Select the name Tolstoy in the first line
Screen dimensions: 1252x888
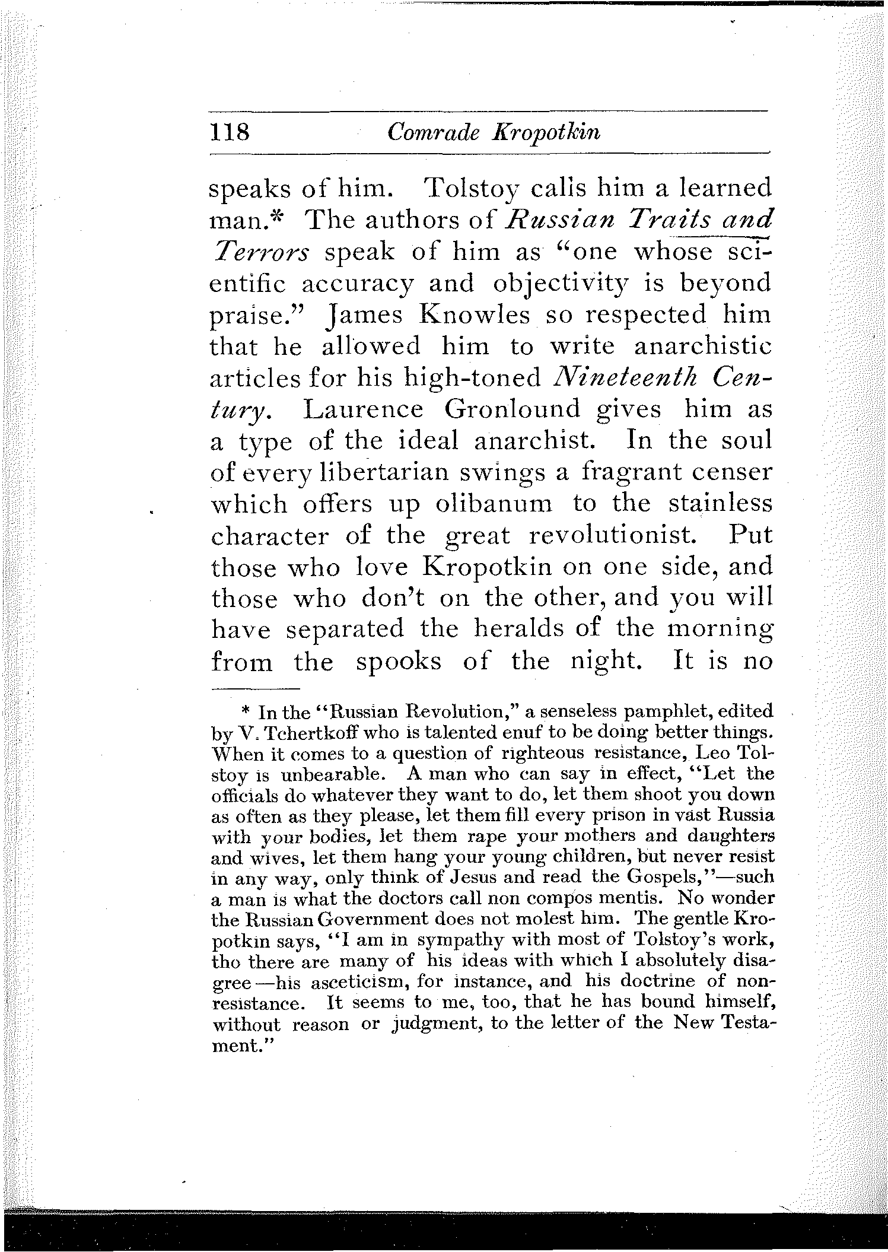tap(472, 189)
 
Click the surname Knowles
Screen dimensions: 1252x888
tap(474, 314)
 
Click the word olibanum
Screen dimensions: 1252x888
tap(494, 504)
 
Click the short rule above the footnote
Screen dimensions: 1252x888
tap(256, 689)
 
